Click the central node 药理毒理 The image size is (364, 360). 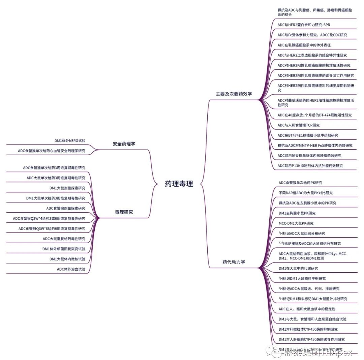tap(179, 184)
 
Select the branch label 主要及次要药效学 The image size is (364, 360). tap(234, 94)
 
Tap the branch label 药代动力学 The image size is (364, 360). tap(234, 261)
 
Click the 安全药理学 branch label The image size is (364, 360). tap(124, 144)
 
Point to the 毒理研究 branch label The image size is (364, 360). tap(124, 212)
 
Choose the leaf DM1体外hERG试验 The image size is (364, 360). tap(70, 141)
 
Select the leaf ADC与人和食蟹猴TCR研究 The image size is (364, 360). tap(299, 125)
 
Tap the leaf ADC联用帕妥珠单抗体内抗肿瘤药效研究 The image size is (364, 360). tap(309, 156)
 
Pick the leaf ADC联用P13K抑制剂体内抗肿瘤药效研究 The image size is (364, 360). tap(310, 166)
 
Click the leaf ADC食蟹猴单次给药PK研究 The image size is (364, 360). tap(300, 183)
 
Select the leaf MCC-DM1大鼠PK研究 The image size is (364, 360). tap(296, 223)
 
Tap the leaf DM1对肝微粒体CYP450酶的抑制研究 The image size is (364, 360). tap(308, 329)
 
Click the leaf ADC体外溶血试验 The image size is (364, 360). tap(71, 269)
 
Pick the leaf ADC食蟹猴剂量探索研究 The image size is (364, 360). tap(66, 208)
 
